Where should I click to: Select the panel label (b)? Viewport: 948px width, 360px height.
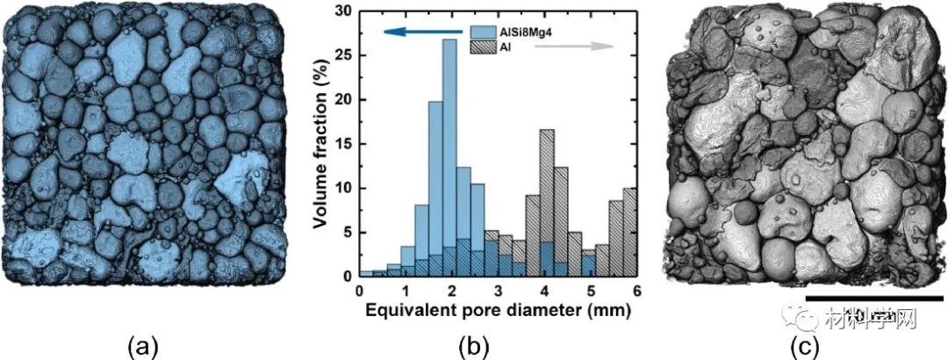click(x=479, y=346)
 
